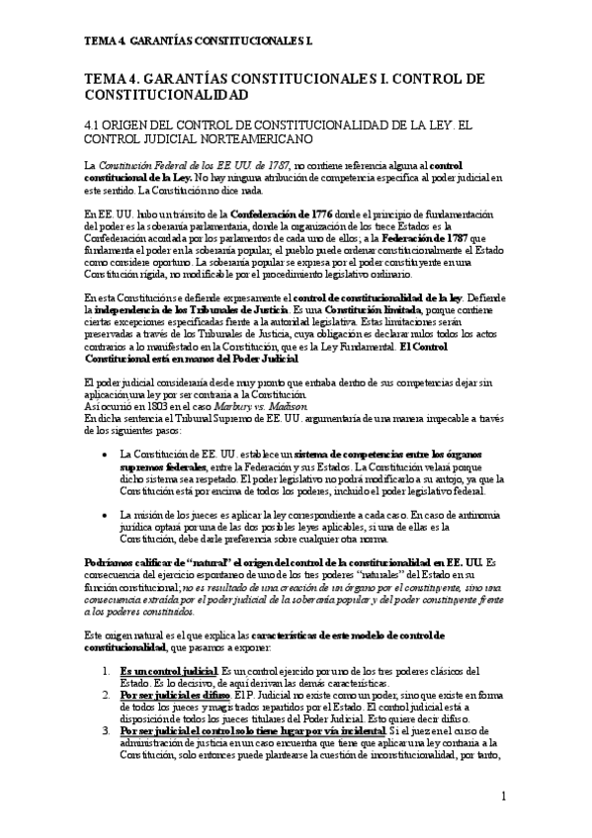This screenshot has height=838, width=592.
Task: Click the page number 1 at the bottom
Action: [503, 796]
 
